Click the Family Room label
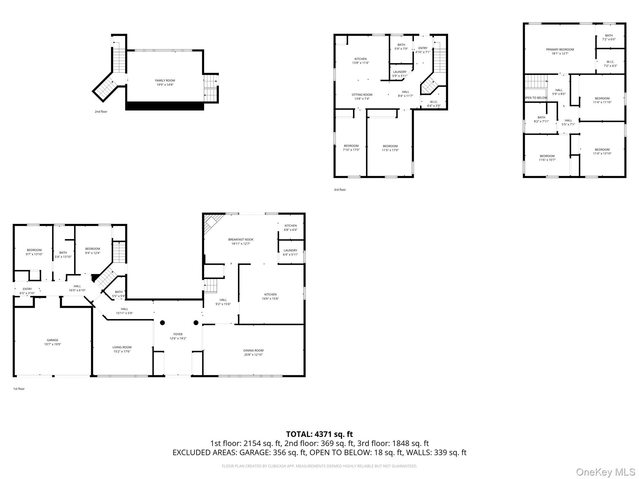point(165,80)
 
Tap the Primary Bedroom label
point(560,50)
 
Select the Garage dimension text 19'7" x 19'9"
point(52,344)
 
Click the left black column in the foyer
point(163,323)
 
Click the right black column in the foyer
point(196,323)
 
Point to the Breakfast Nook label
point(241,239)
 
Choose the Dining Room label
point(253,351)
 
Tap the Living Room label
point(122,347)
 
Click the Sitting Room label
point(362,95)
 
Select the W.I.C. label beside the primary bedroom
point(610,62)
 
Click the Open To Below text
point(535,98)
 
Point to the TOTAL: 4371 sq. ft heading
point(319,434)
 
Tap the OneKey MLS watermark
point(605,472)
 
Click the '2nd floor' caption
point(101,112)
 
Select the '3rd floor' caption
point(340,190)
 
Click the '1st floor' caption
point(19,389)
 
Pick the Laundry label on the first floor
point(290,250)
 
